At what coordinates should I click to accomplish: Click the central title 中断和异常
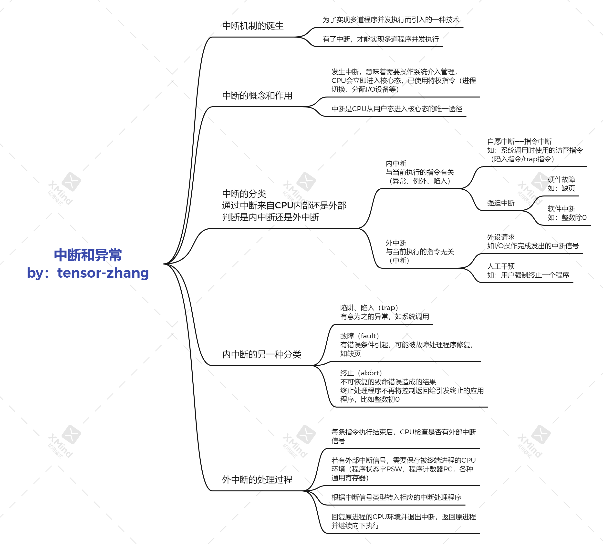[88, 255]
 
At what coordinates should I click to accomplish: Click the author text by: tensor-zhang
[88, 273]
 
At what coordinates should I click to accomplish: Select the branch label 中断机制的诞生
[253, 26]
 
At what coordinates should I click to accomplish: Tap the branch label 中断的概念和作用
[257, 96]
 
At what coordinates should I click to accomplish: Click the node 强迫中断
[501, 203]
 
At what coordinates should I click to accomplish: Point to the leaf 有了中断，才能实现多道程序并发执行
[380, 39]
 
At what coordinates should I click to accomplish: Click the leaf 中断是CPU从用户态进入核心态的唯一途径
[397, 109]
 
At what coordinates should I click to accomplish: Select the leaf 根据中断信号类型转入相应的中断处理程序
[396, 497]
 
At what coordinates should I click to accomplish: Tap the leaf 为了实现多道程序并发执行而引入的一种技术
[391, 20]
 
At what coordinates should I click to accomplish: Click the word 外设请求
[501, 237]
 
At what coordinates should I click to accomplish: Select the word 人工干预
[501, 266]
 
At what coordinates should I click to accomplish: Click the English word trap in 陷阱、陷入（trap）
[388, 308]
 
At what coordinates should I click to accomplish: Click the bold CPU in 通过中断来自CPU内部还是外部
[284, 205]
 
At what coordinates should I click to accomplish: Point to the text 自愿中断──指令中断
[519, 141]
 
